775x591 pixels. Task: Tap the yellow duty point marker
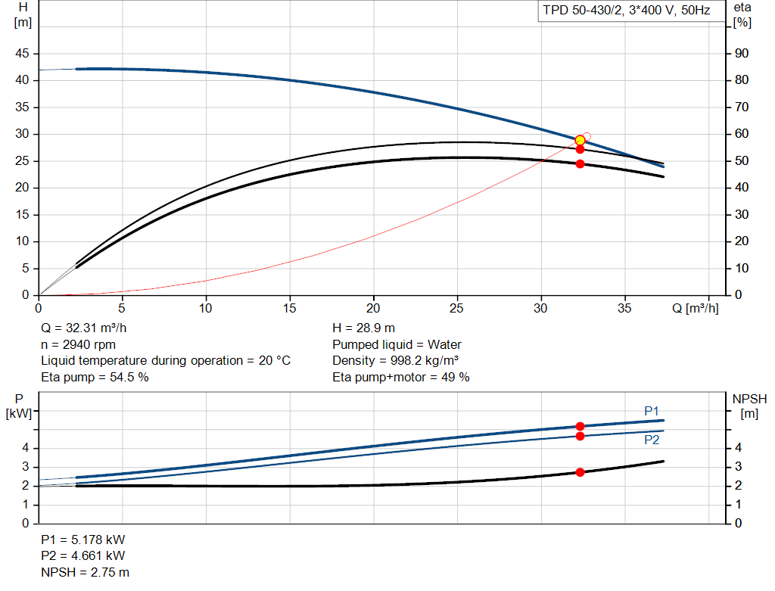[x=580, y=140]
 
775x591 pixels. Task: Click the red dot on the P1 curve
[x=580, y=426]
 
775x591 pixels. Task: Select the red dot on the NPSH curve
[x=580, y=472]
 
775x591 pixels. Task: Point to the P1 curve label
[x=652, y=411]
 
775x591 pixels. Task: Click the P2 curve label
[x=652, y=440]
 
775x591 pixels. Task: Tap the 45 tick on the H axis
[x=22, y=54]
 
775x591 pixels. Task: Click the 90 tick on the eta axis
[x=742, y=54]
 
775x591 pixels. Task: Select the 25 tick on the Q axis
[x=456, y=308]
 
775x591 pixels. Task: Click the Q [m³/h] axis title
[x=695, y=308]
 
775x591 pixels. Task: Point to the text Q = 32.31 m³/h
[x=83, y=328]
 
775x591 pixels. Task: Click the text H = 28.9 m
[x=363, y=328]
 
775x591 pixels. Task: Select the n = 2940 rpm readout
[x=78, y=344]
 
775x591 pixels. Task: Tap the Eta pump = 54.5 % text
[x=95, y=377]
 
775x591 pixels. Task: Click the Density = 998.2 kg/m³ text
[x=395, y=361]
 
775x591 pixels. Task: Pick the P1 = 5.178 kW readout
[x=82, y=540]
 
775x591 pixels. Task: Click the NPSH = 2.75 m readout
[x=85, y=572]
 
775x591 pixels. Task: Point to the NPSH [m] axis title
[x=749, y=406]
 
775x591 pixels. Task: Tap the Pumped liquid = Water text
[x=397, y=344]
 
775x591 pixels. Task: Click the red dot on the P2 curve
[x=580, y=436]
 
